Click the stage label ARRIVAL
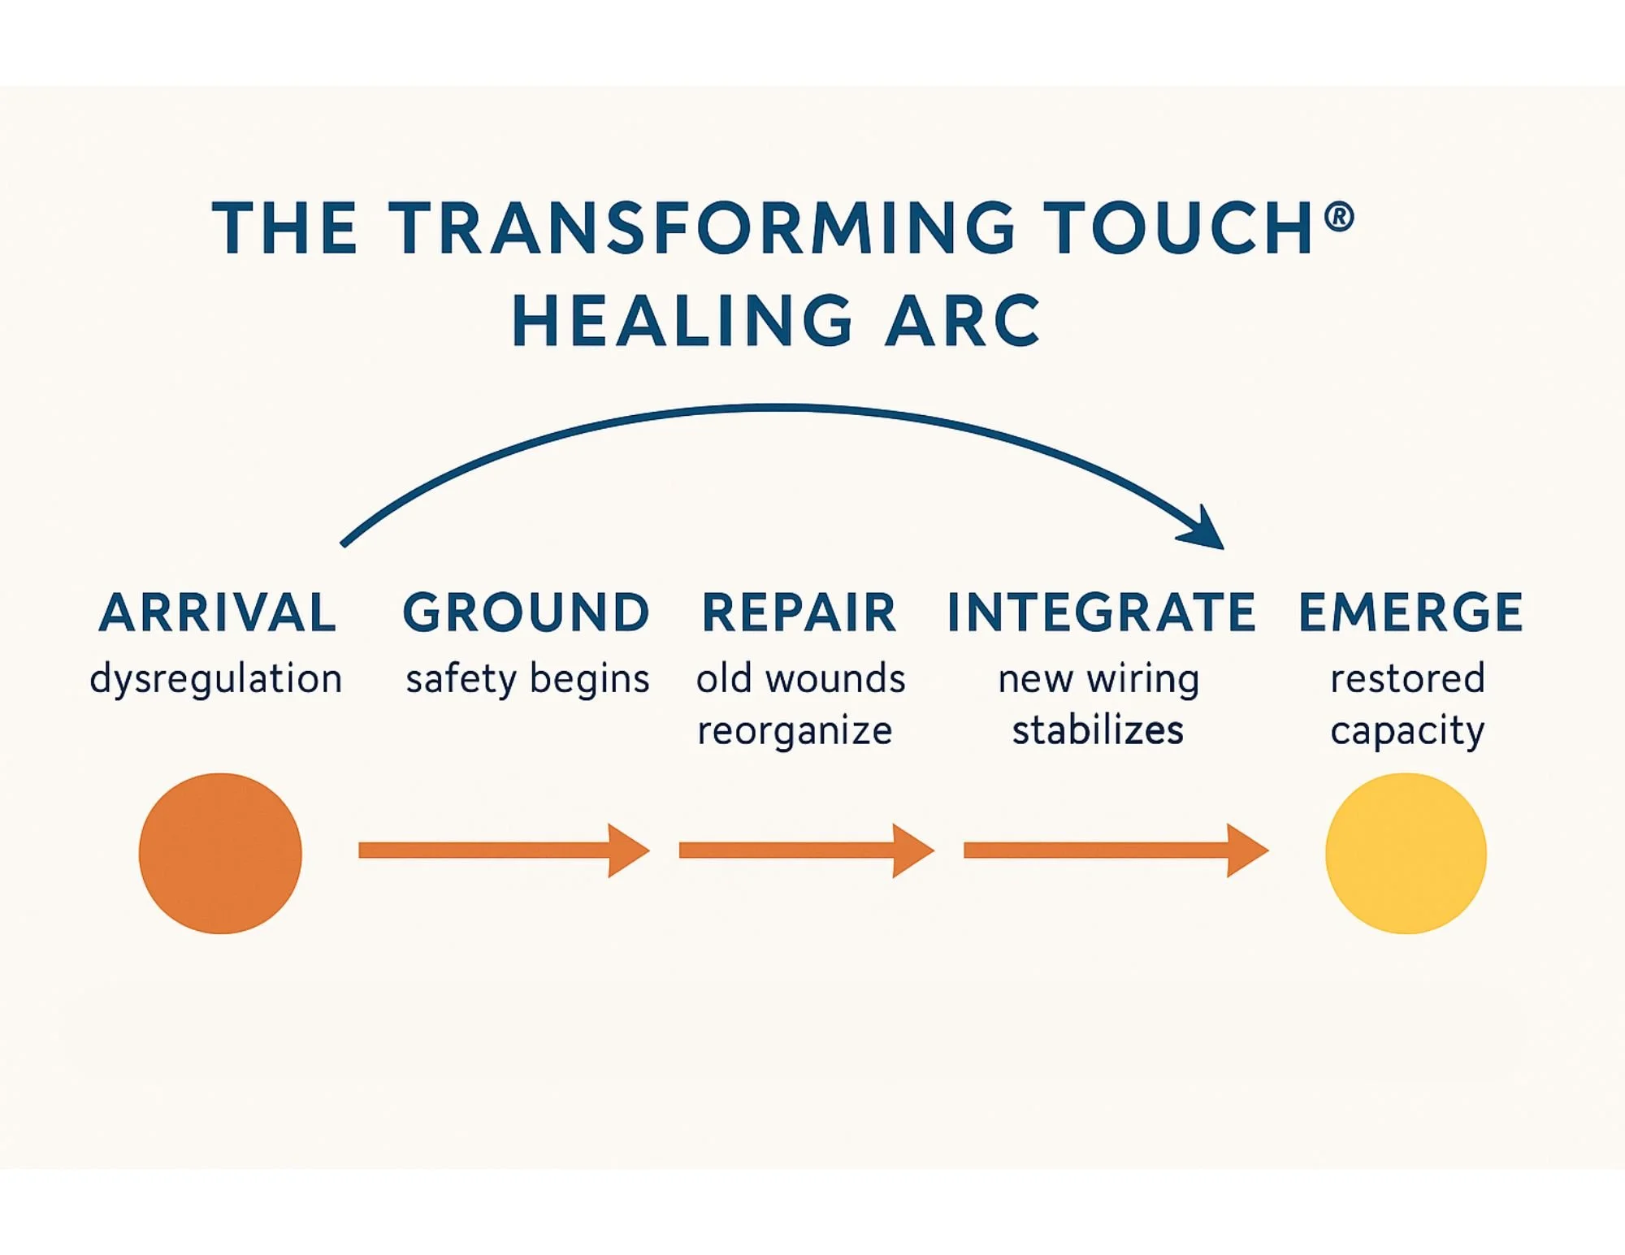pyautogui.click(x=217, y=612)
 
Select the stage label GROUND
pyautogui.click(x=526, y=612)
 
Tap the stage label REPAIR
pyautogui.click(x=799, y=612)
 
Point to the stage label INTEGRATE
pyautogui.click(x=1102, y=612)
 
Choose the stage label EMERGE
pyautogui.click(x=1410, y=612)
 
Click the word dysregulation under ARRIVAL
pyautogui.click(x=216, y=679)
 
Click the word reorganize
pyautogui.click(x=795, y=731)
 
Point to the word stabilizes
pyautogui.click(x=1098, y=730)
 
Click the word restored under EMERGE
pyautogui.click(x=1407, y=679)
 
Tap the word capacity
pyautogui.click(x=1407, y=731)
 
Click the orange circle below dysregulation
pyautogui.click(x=220, y=854)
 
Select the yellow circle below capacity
pyautogui.click(x=1406, y=854)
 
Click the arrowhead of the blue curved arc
pyautogui.click(x=1207, y=530)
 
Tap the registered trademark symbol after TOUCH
pyautogui.click(x=1339, y=217)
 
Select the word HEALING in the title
pyautogui.click(x=682, y=322)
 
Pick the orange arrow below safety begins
pyautogui.click(x=504, y=850)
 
